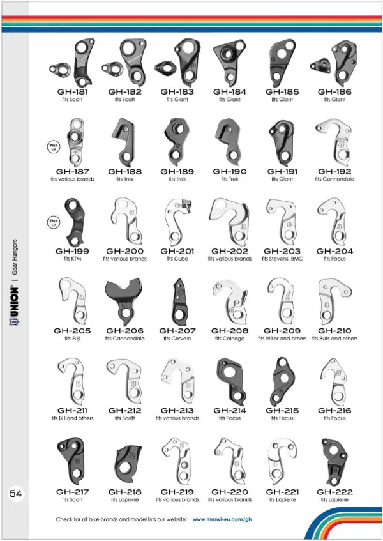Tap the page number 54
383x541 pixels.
tap(16, 494)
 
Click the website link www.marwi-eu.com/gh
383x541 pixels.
tap(221, 520)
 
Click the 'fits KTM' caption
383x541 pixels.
tap(72, 259)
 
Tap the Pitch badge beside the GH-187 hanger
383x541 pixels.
tap(54, 146)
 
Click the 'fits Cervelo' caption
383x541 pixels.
tap(177, 339)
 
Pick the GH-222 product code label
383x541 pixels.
tap(334, 492)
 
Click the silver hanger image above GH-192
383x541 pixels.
tap(334, 141)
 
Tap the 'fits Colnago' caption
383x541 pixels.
tap(229, 339)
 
